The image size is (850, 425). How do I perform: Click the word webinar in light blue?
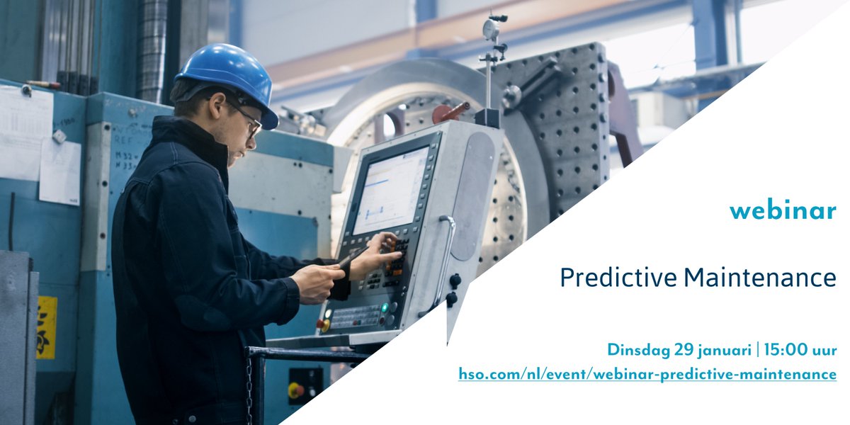click(x=783, y=210)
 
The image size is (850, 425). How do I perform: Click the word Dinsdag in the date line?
click(x=635, y=350)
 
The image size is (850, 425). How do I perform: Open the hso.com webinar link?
click(x=647, y=374)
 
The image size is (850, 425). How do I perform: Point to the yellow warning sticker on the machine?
click(x=47, y=327)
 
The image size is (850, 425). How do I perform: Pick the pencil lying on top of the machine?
click(x=43, y=84)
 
